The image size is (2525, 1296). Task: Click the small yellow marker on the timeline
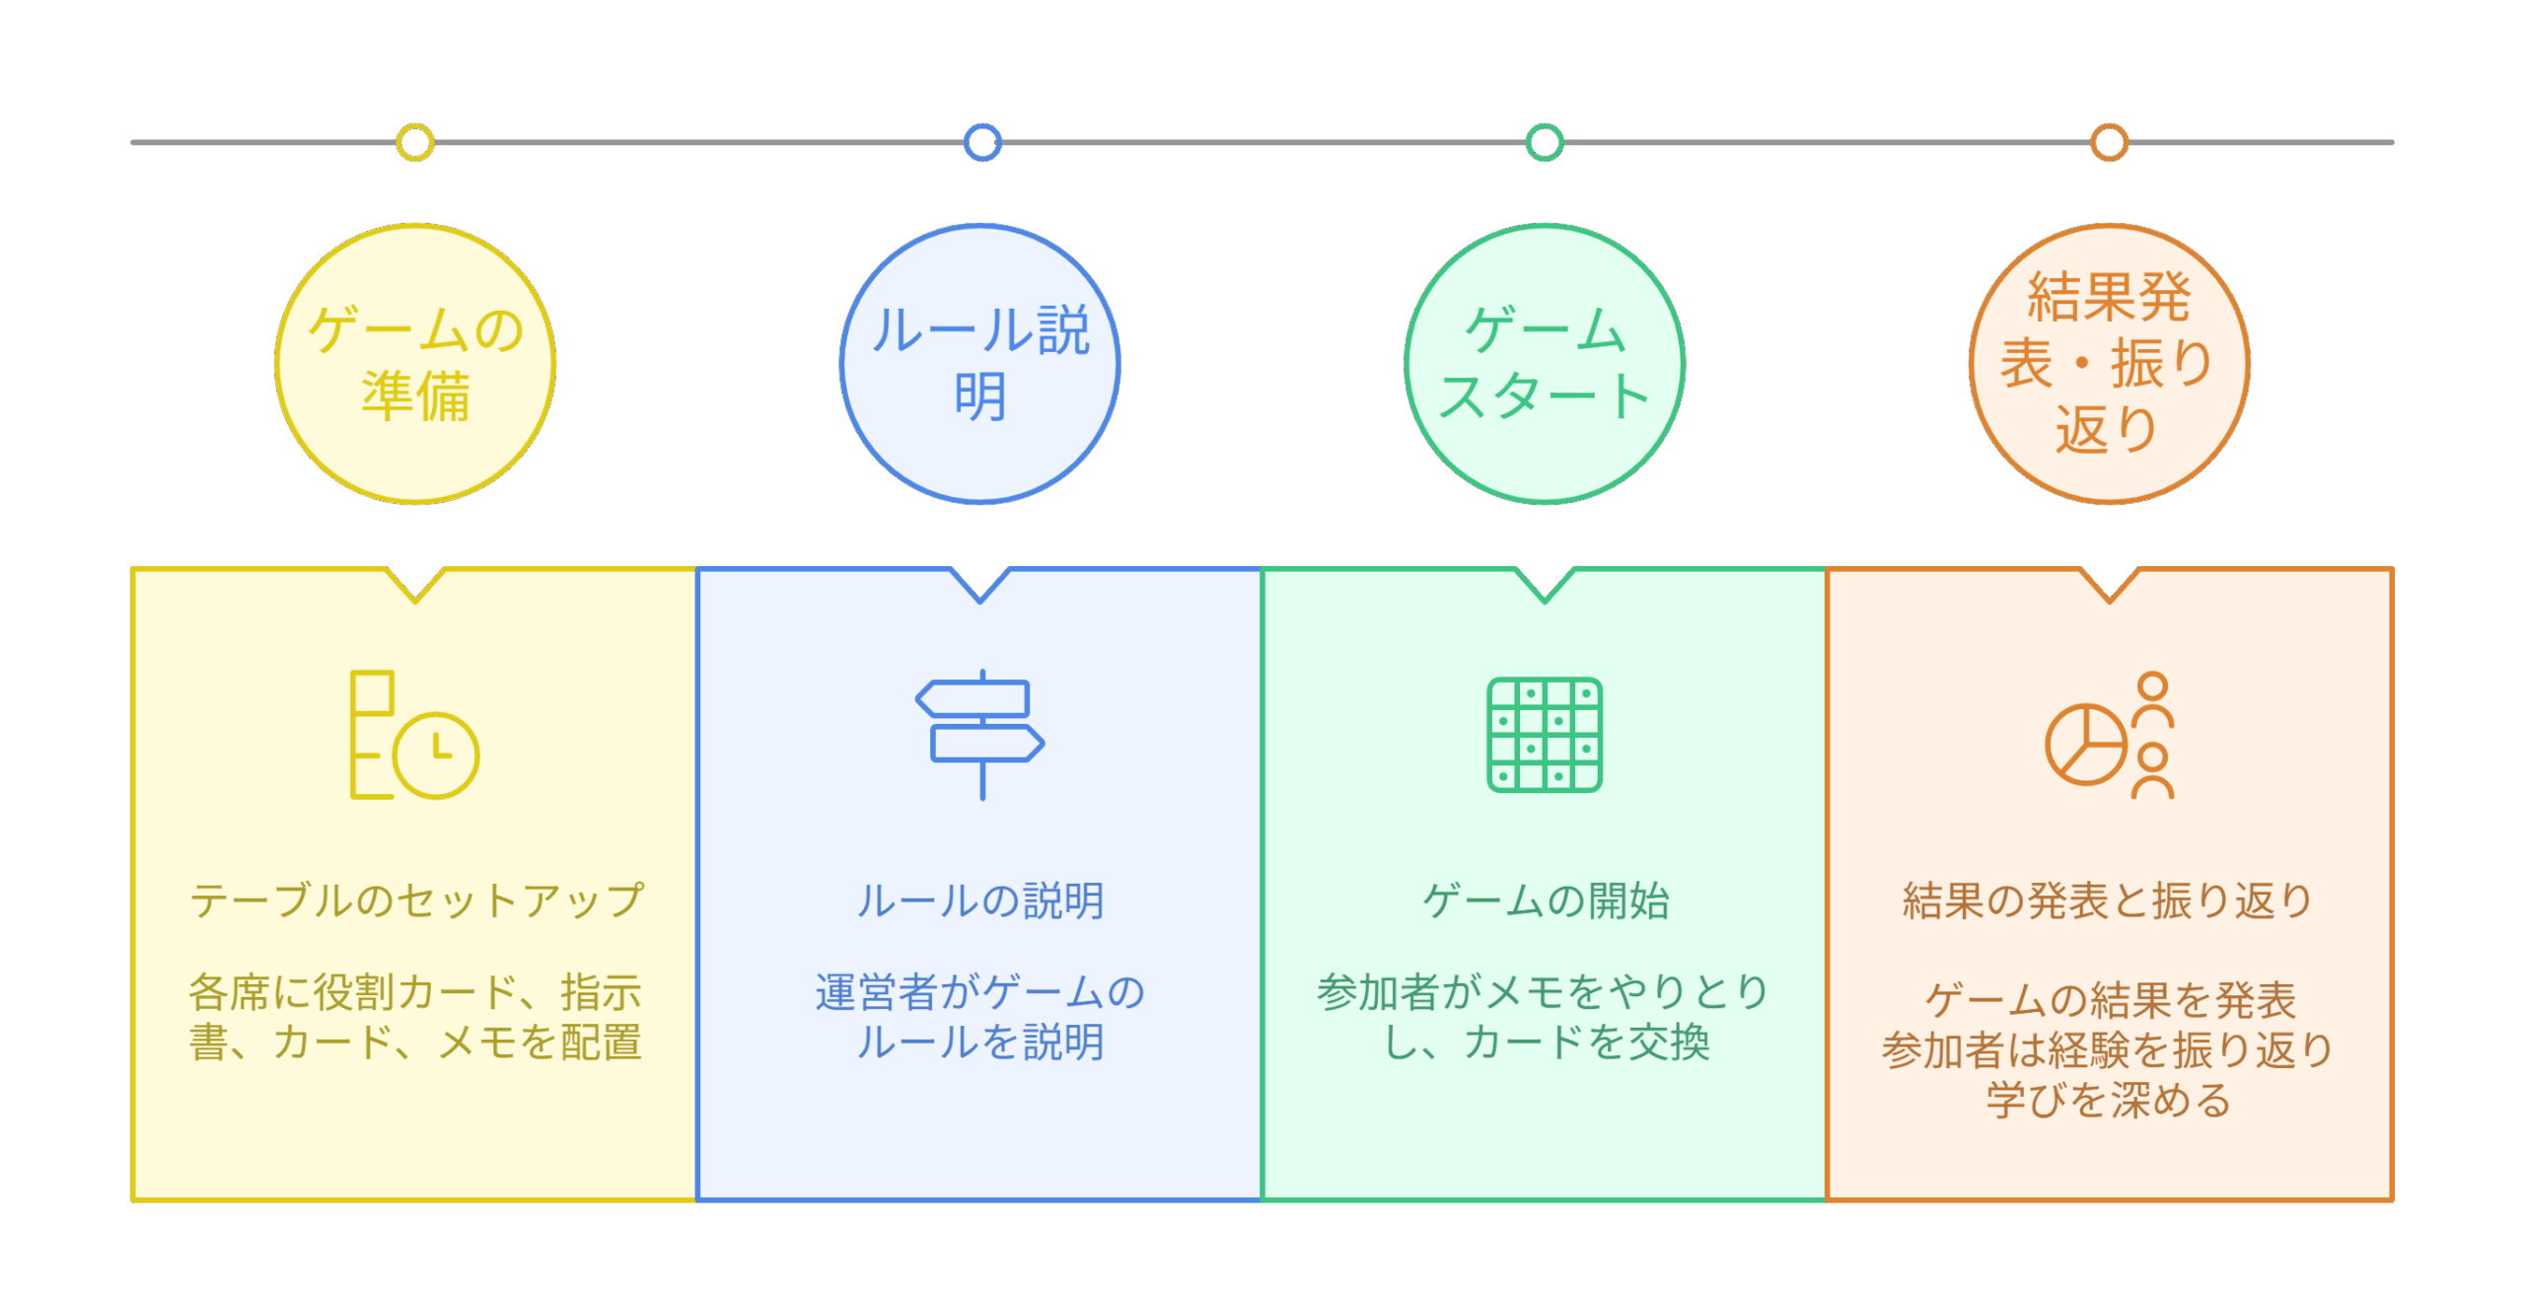pyautogui.click(x=415, y=142)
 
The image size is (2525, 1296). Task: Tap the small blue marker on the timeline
pyautogui.click(x=982, y=142)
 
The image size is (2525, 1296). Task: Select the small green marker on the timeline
pyautogui.click(x=1545, y=142)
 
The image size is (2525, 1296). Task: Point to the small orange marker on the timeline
pyautogui.click(x=2109, y=142)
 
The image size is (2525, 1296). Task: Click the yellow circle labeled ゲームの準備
pyautogui.click(x=415, y=364)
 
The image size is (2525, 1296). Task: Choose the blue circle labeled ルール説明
pyautogui.click(x=980, y=364)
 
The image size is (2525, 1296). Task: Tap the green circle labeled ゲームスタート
pyautogui.click(x=1545, y=364)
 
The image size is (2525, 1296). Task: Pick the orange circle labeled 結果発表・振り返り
pyautogui.click(x=2109, y=364)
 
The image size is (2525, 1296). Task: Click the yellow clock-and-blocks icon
pyautogui.click(x=415, y=735)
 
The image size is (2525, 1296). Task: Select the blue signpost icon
pyautogui.click(x=980, y=735)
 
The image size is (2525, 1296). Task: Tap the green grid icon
pyautogui.click(x=1545, y=735)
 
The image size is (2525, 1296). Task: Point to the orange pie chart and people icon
pyautogui.click(x=2109, y=735)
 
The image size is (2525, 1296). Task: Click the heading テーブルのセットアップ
pyautogui.click(x=415, y=900)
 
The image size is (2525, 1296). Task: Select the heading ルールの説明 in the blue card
pyautogui.click(x=980, y=900)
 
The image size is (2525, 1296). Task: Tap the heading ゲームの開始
pyautogui.click(x=1545, y=900)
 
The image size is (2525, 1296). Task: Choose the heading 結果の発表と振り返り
pyautogui.click(x=2109, y=900)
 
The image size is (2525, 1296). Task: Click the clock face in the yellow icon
pyautogui.click(x=436, y=755)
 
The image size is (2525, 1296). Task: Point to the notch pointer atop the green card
pyautogui.click(x=1545, y=585)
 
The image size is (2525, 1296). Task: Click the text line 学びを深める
pyautogui.click(x=2109, y=1100)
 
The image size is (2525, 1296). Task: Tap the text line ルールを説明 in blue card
pyautogui.click(x=980, y=1043)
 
